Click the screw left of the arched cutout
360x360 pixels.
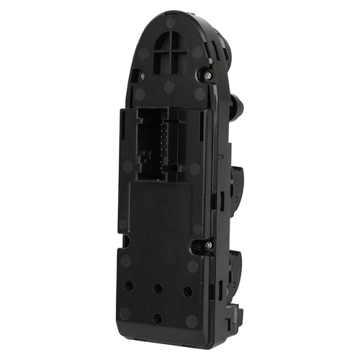[142, 75]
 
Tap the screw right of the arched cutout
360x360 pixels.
[207, 74]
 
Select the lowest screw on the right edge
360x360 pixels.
[208, 246]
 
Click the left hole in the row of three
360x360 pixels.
[129, 286]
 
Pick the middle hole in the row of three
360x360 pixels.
[158, 289]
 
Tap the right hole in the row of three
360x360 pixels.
[188, 291]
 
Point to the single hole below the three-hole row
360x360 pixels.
[157, 318]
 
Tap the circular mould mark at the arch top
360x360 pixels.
[171, 23]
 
